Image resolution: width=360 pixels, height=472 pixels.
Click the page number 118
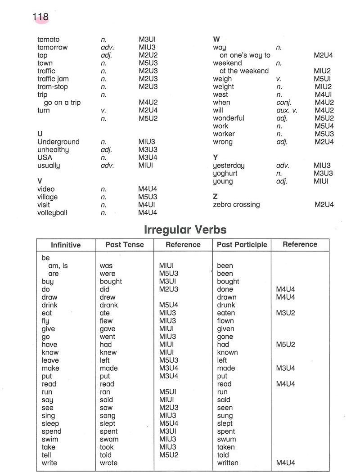40,17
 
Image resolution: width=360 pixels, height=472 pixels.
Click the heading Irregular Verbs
185,229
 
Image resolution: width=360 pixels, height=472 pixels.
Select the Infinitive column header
66,245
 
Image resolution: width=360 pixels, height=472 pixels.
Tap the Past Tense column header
125,244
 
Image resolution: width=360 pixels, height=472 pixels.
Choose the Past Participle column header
242,244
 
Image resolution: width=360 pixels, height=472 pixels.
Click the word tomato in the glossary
48,40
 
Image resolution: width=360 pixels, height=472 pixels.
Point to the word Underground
58,142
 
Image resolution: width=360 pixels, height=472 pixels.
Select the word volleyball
52,213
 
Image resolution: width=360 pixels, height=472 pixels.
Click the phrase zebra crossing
236,204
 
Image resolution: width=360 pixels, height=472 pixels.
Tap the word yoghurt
225,173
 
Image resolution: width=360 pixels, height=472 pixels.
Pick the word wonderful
229,118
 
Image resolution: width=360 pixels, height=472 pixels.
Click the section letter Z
215,197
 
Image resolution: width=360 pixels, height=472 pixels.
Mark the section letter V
40,181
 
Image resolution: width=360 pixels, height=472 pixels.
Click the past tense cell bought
111,281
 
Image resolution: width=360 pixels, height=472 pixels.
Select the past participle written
228,463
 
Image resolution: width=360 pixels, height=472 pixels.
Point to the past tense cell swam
109,439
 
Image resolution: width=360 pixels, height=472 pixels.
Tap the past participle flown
225,321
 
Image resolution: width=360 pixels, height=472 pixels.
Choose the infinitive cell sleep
50,423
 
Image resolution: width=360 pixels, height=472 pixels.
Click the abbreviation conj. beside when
284,102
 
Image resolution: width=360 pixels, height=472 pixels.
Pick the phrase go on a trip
62,102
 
